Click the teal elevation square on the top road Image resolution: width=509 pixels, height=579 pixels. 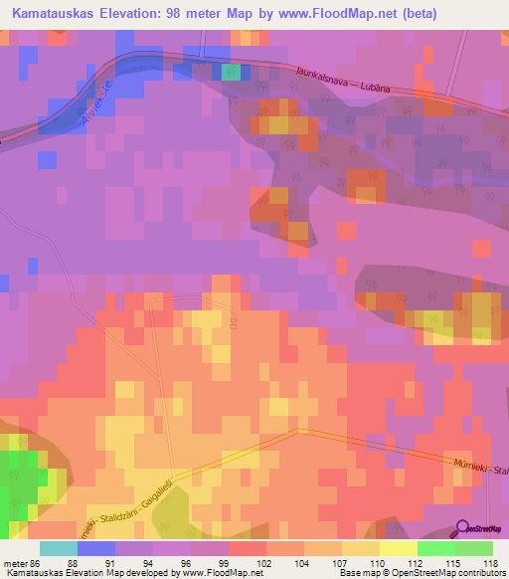point(231,72)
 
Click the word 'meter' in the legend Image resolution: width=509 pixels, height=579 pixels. point(15,563)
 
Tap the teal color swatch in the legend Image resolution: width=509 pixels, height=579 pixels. point(59,548)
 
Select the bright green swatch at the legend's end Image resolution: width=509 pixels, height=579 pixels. point(474,548)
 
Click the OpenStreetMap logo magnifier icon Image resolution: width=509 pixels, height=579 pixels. point(463,529)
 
